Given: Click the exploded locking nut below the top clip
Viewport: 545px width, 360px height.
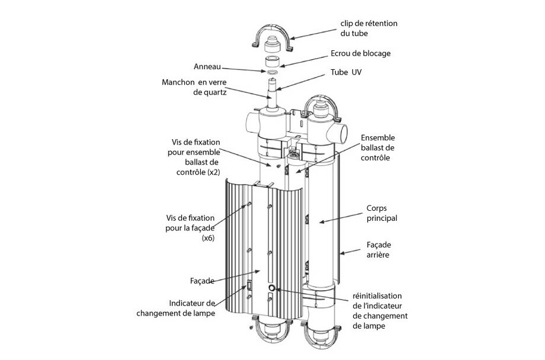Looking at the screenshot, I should click(x=274, y=62).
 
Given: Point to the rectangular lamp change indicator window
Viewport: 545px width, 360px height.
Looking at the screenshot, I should click(x=249, y=285).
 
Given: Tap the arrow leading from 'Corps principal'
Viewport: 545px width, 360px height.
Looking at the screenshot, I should click(x=340, y=220).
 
